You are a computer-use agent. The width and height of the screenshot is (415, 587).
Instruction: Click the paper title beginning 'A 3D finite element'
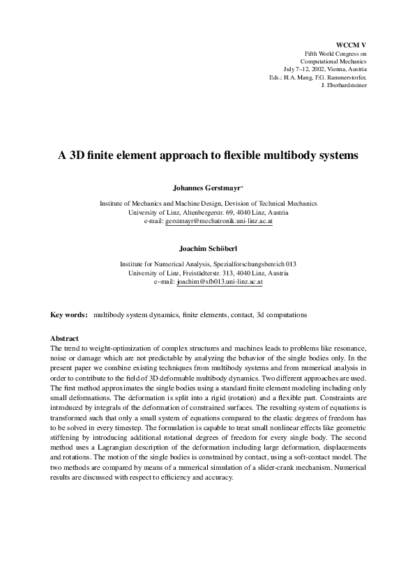coord(208,156)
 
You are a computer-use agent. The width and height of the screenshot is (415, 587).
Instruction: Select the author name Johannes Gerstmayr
coord(206,188)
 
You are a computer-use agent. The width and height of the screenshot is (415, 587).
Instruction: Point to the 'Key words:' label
coord(69,315)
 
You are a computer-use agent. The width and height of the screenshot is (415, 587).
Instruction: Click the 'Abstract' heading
coord(65,338)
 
